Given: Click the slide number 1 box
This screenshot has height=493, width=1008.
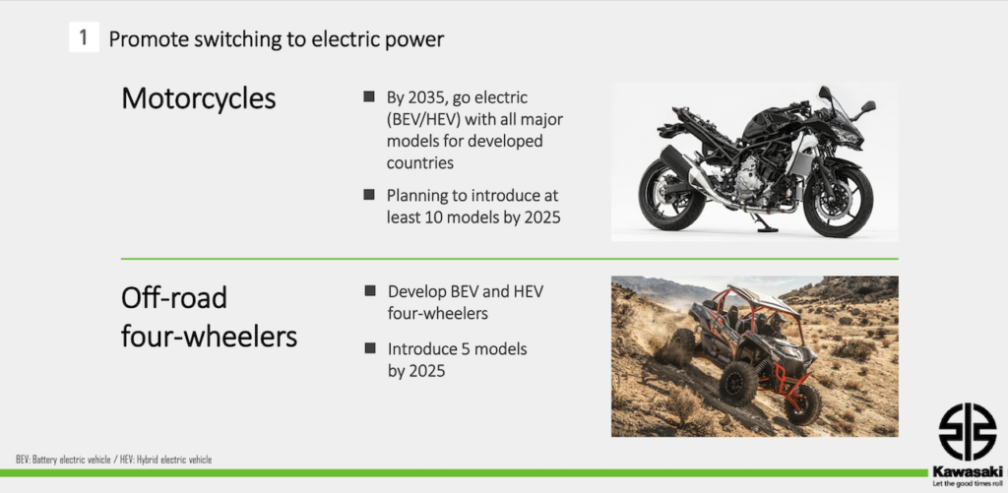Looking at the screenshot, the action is click(x=84, y=38).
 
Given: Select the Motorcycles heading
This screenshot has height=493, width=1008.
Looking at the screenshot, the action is click(x=199, y=99).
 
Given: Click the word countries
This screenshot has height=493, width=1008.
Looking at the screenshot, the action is click(x=419, y=163).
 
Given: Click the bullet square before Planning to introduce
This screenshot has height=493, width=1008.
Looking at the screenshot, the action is click(x=369, y=194).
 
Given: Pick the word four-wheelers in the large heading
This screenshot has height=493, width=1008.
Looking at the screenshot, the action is click(x=209, y=337).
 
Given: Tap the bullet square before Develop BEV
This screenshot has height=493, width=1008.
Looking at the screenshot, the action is click(x=370, y=290).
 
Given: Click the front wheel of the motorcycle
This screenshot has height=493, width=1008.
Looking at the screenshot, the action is click(x=838, y=201).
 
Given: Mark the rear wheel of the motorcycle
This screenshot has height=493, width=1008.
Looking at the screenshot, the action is click(x=671, y=194).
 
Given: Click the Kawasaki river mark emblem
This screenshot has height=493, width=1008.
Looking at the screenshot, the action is click(x=967, y=432).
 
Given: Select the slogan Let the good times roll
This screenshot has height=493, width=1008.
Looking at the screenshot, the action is click(x=967, y=482).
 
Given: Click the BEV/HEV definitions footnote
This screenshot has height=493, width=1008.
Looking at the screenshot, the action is click(x=114, y=460).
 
